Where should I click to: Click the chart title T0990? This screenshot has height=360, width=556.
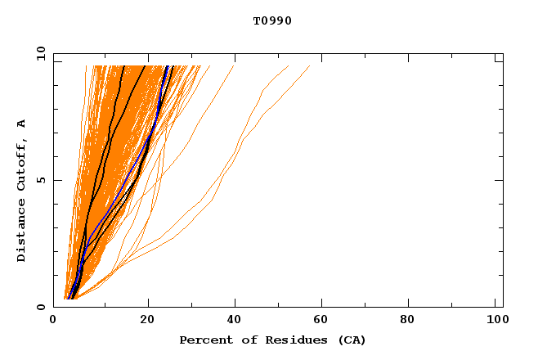[272, 21]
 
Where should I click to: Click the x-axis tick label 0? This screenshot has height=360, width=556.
[53, 320]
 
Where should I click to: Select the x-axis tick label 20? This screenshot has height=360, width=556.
[147, 320]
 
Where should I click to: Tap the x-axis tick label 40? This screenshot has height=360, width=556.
[235, 320]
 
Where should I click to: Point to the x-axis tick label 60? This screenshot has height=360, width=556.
[324, 320]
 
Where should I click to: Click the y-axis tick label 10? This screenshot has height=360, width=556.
[39, 54]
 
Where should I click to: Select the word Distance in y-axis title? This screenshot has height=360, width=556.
[21, 230]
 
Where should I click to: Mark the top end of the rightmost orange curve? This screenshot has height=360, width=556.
[310, 65]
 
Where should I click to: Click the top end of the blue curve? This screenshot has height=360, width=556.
[167, 65]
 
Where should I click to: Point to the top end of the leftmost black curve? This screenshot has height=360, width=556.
[123, 65]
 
